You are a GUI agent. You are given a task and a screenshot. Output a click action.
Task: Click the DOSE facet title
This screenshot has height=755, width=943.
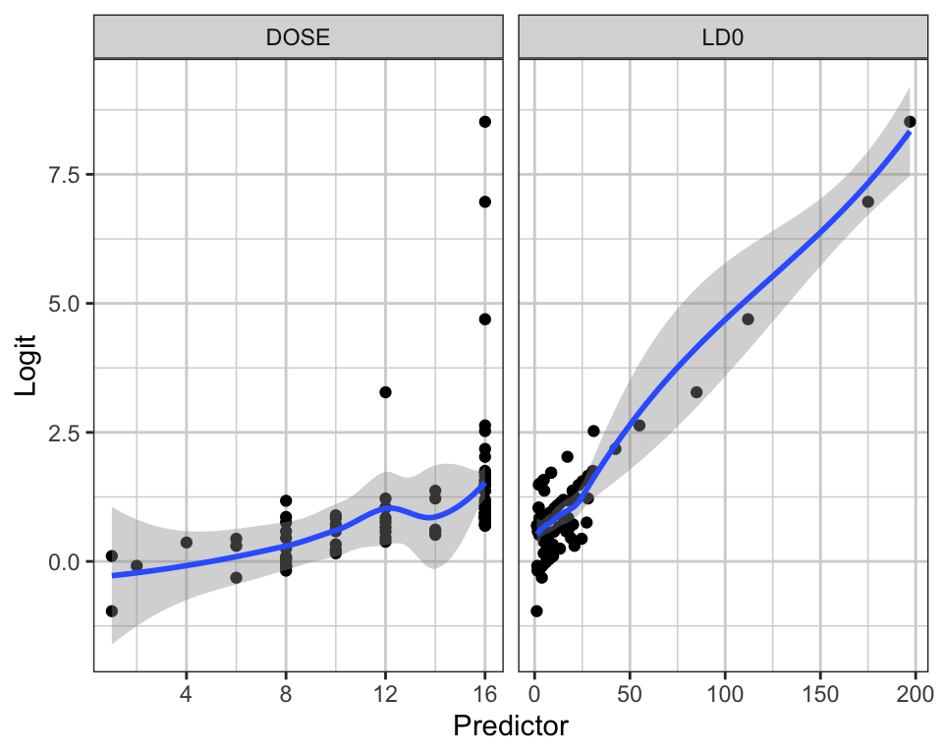tap(298, 37)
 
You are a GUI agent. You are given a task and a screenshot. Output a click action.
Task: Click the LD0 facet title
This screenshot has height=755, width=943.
tap(722, 37)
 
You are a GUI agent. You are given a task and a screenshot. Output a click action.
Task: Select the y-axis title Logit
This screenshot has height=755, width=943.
tap(26, 365)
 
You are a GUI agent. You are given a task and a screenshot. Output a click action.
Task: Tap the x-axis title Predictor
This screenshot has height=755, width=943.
tap(510, 726)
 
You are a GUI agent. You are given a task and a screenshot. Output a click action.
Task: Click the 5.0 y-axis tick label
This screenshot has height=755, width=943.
tap(63, 304)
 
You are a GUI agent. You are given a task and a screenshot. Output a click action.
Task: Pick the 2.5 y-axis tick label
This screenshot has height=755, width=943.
tap(63, 433)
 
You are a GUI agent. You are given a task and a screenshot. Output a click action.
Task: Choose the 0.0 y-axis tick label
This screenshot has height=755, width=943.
tap(63, 561)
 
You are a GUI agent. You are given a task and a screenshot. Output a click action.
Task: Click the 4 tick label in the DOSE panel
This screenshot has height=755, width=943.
tap(186, 694)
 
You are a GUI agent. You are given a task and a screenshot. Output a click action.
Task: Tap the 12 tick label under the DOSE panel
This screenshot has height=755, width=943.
tap(385, 694)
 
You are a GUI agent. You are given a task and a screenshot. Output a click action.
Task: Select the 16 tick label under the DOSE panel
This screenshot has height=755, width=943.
tap(484, 694)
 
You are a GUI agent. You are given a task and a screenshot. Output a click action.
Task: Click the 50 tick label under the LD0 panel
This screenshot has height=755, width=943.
tap(630, 694)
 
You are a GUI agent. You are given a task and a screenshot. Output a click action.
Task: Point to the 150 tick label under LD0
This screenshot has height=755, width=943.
tap(820, 694)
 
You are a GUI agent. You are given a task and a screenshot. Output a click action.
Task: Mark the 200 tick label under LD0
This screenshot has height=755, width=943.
tap(915, 694)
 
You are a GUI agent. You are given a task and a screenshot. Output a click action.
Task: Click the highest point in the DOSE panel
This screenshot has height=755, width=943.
tap(484, 122)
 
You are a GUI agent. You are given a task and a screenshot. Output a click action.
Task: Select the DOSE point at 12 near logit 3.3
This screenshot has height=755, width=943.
tap(385, 392)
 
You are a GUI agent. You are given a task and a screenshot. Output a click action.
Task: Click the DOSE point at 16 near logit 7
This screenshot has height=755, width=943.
tap(484, 202)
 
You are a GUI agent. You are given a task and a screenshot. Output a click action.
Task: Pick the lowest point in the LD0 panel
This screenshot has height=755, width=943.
tap(536, 611)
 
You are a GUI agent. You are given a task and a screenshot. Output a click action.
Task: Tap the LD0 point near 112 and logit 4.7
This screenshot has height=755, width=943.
tap(748, 319)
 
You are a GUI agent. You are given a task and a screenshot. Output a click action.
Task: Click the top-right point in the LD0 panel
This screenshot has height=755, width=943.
tap(910, 122)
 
